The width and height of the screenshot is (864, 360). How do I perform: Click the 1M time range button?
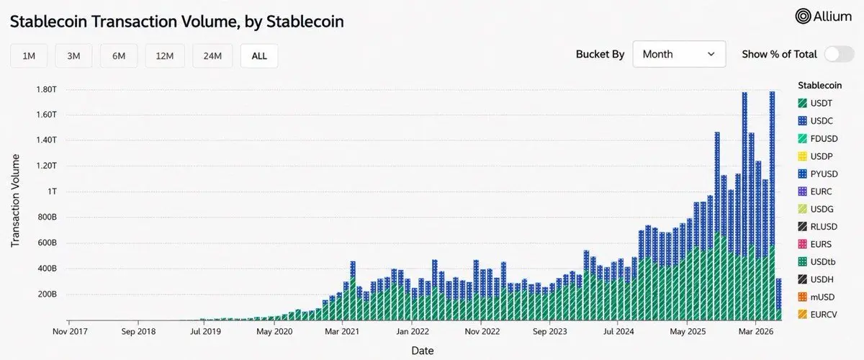(x=29, y=56)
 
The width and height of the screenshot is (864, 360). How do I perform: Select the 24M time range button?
(x=212, y=56)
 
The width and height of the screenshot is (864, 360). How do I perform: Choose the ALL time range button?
(x=259, y=56)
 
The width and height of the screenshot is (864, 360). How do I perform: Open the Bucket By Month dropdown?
(x=679, y=54)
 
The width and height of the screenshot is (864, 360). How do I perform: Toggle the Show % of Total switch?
(x=840, y=54)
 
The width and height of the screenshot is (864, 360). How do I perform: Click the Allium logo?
(x=824, y=17)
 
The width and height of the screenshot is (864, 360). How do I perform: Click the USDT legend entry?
(x=815, y=104)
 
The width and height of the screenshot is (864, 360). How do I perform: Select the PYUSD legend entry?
(x=818, y=174)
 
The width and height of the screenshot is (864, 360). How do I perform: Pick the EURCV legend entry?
(x=817, y=315)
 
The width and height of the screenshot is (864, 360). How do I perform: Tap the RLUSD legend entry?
(x=818, y=227)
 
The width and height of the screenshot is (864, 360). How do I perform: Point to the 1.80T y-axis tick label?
(x=46, y=89)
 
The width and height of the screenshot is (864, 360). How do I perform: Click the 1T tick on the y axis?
(x=52, y=192)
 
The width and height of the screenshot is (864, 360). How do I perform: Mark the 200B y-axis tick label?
(x=47, y=294)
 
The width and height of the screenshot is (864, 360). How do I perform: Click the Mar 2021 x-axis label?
(x=342, y=331)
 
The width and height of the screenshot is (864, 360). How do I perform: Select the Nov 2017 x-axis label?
(x=70, y=331)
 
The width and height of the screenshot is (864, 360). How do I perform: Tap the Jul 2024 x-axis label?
(x=618, y=331)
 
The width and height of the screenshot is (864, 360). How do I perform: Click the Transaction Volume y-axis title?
(x=15, y=201)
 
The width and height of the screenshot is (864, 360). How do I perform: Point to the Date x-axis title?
(x=423, y=351)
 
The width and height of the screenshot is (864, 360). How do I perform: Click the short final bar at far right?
(x=779, y=299)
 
